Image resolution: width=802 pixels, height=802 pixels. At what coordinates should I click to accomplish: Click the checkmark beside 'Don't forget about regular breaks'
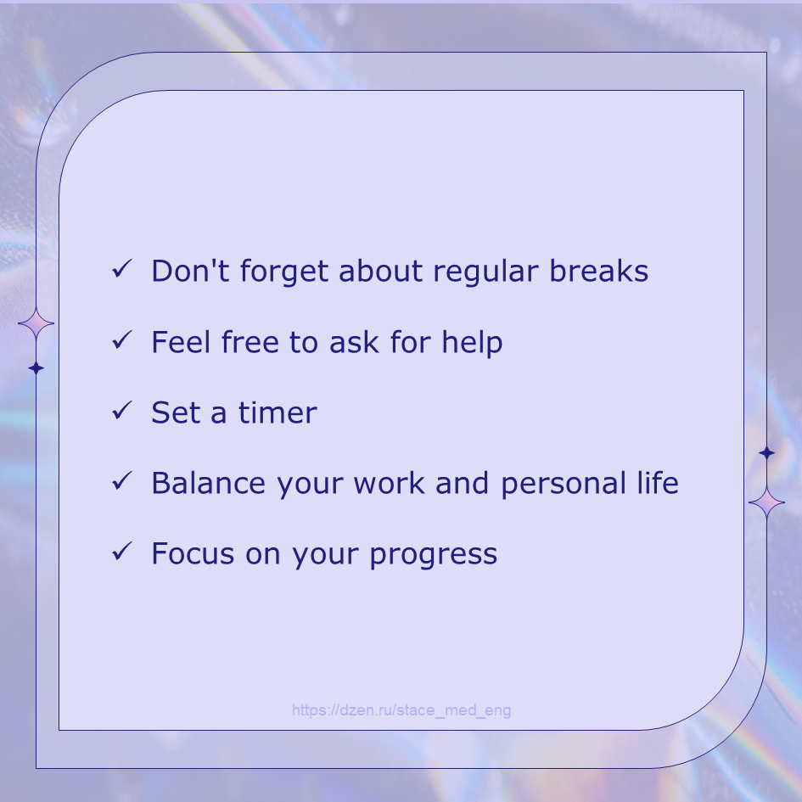click(122, 269)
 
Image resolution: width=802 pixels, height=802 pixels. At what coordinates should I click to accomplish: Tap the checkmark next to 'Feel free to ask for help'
click(122, 340)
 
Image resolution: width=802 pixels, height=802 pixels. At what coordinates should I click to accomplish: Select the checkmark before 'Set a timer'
click(122, 411)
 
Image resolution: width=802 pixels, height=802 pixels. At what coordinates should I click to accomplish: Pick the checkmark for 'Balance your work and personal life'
click(122, 481)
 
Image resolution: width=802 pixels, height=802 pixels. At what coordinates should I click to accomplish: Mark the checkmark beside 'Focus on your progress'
click(122, 552)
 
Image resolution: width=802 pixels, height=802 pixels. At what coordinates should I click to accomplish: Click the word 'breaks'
click(599, 271)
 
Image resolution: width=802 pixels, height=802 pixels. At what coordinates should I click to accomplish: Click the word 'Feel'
click(181, 342)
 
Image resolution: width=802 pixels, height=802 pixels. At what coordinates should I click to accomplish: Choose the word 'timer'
click(278, 412)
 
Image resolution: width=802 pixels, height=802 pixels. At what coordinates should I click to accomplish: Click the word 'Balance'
click(209, 483)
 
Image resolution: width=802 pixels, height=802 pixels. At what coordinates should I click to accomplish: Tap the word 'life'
click(658, 482)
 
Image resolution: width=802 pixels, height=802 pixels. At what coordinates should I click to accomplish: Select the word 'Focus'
click(193, 553)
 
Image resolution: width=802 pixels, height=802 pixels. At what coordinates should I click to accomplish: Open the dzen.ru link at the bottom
click(401, 710)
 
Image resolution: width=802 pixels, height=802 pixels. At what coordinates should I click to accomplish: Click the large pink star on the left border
click(36, 323)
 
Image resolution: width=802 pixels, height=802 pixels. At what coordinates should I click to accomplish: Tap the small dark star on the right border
click(766, 452)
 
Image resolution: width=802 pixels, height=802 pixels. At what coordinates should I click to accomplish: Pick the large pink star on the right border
click(766, 502)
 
